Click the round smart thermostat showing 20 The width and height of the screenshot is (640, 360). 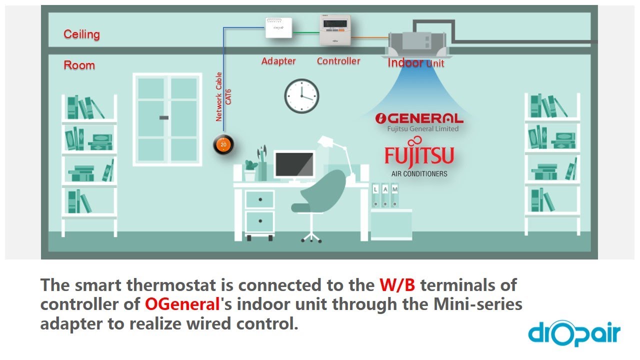(x=223, y=144)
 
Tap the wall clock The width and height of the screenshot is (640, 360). (x=301, y=96)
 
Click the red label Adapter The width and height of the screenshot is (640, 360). (x=278, y=61)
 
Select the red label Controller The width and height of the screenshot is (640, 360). (x=338, y=61)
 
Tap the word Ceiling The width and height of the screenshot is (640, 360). (x=81, y=34)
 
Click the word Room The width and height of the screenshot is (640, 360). (x=79, y=65)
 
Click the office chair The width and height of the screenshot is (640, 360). (x=315, y=200)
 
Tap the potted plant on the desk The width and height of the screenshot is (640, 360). (x=250, y=169)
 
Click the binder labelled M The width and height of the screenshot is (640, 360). (x=395, y=195)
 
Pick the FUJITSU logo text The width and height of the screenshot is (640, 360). (x=419, y=155)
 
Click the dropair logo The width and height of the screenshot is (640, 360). (x=573, y=333)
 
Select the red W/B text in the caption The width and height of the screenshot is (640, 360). (x=397, y=285)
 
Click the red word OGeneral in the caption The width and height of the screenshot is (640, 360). (x=182, y=303)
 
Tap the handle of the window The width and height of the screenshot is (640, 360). (x=164, y=117)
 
